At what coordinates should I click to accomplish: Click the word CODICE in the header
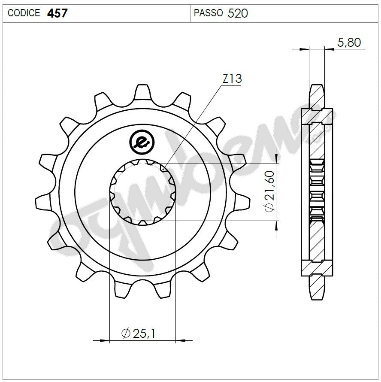coord(24,13)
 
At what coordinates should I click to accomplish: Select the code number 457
coord(57,13)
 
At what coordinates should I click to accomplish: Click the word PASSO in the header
coord(208,13)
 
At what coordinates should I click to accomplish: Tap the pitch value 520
coord(238,13)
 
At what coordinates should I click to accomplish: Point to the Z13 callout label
coord(232,79)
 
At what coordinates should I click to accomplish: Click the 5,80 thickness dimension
coord(349,42)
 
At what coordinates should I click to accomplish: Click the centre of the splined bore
coord(142,192)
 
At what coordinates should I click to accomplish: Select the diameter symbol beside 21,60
coord(269,208)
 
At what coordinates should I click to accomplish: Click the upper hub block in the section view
coord(317,116)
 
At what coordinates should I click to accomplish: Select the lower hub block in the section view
coord(317,268)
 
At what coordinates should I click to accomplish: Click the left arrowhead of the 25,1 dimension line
coord(103,341)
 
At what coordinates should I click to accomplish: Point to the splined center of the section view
coord(317,192)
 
